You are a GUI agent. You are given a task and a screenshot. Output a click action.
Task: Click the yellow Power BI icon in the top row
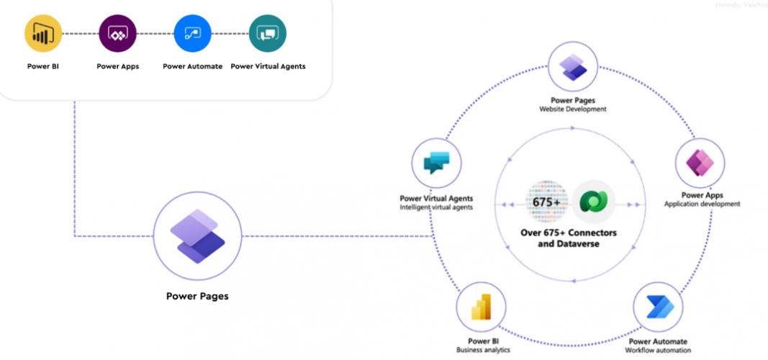pos(43,34)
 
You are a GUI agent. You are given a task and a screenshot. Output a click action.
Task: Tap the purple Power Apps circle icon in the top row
pos(117,34)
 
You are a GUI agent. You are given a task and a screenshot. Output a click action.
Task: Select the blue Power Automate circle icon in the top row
pos(192,34)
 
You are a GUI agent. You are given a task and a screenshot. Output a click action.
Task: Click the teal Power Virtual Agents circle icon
pos(267,34)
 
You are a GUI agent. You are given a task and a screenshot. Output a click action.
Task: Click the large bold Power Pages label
pos(196,296)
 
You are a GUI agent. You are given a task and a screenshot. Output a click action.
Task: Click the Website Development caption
pos(573,109)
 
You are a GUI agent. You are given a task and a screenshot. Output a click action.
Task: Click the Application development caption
pos(702,204)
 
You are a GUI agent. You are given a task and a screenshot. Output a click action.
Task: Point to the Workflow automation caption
pos(658,350)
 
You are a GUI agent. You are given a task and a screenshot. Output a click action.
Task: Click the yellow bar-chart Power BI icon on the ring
pos(482,307)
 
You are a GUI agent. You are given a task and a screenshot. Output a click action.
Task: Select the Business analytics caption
pos(483,350)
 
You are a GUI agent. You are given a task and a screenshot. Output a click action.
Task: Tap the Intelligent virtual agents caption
pos(436,207)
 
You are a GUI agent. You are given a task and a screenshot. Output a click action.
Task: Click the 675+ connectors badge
pos(546,202)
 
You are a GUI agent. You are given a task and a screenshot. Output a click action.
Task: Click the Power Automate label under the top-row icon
pos(192,66)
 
